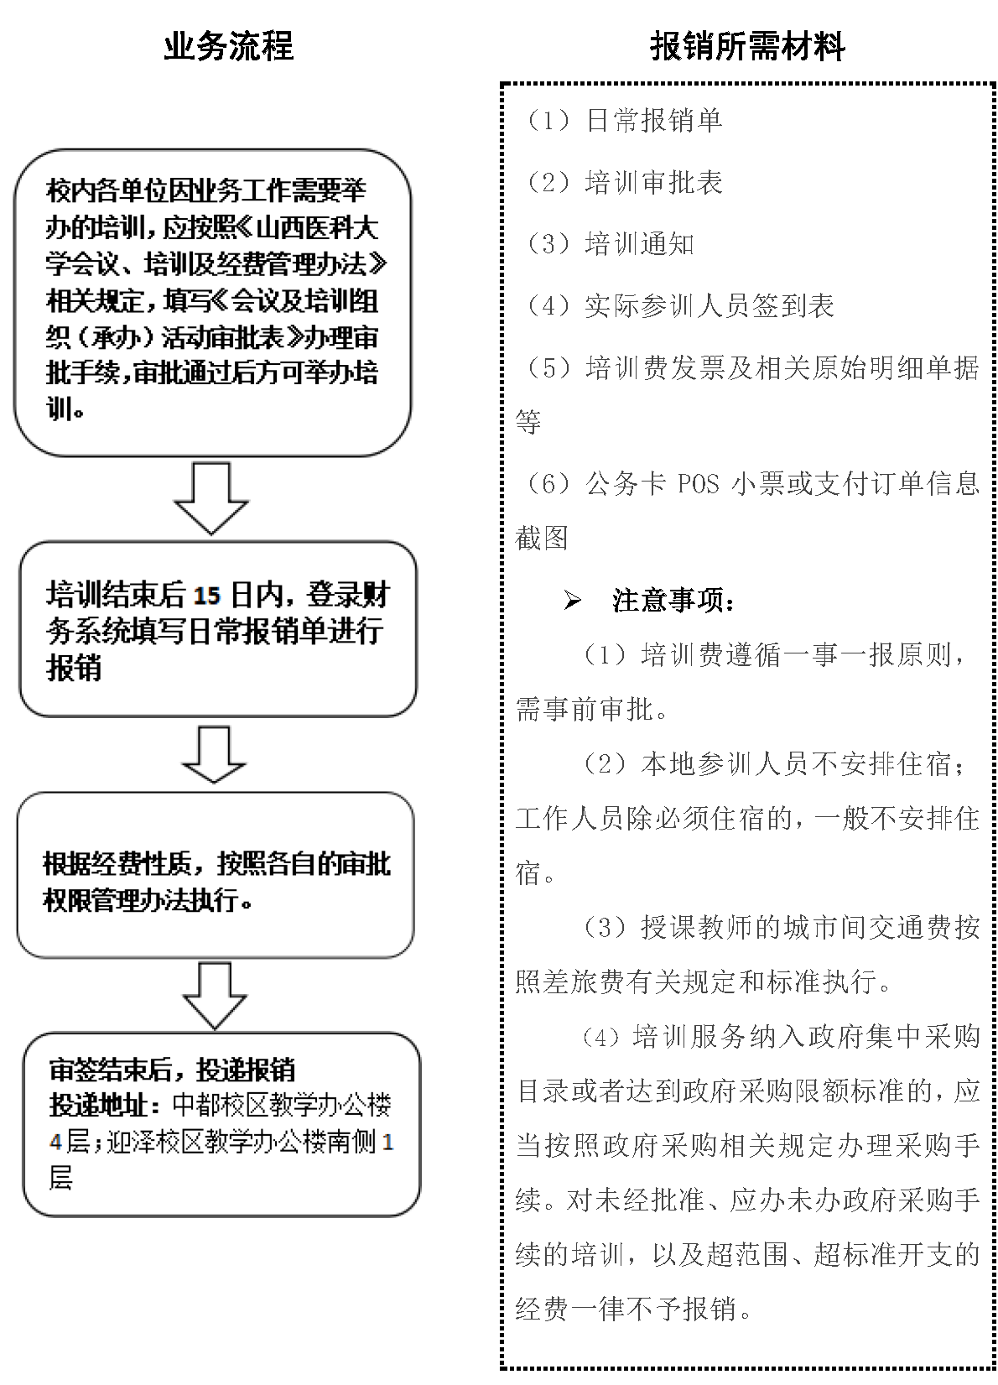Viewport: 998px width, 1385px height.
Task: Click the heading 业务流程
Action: coord(228,46)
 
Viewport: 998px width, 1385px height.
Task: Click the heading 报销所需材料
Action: coord(747,46)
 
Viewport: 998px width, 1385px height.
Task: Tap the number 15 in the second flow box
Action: coord(206,596)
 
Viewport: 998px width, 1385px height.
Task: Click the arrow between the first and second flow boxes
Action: coord(211,497)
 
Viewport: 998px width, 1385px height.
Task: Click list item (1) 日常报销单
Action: coord(621,120)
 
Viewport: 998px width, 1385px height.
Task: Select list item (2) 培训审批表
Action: coord(621,182)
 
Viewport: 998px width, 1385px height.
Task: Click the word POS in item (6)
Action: coord(698,484)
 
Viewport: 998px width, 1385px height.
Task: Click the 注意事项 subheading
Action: coord(674,601)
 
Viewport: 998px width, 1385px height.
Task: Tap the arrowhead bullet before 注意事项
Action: coord(573,601)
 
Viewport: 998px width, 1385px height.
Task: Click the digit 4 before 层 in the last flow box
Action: coord(55,1143)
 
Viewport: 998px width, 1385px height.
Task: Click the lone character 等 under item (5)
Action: coord(528,422)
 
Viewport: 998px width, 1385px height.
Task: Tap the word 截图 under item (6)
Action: coord(542,538)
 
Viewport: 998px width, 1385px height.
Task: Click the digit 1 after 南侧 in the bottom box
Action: coord(387,1143)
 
